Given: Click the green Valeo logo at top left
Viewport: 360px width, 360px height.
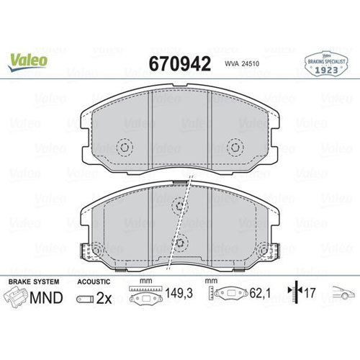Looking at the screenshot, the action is (x=27, y=61).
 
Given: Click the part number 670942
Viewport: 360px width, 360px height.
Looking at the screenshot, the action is (x=180, y=64).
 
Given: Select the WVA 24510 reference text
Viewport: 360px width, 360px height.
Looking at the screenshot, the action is (x=242, y=64).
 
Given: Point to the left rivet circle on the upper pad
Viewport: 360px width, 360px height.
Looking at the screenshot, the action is (x=125, y=148).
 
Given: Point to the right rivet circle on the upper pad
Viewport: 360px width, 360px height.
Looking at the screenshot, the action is (x=235, y=147).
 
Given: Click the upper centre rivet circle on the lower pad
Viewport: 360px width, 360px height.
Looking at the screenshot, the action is (x=180, y=205).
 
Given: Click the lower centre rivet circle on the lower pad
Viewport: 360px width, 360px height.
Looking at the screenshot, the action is (x=180, y=243).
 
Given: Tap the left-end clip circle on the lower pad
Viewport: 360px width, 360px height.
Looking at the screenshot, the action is (x=96, y=251).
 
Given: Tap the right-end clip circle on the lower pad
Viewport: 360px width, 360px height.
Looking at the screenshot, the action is (x=264, y=251).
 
